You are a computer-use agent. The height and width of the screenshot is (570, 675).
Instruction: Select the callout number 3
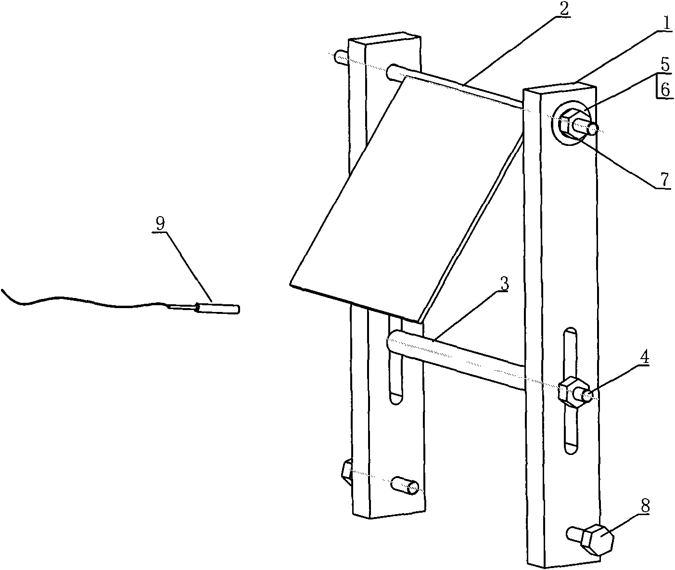504,284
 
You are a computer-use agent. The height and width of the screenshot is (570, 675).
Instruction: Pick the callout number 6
666,90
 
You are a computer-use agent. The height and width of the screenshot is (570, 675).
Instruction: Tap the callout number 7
664,180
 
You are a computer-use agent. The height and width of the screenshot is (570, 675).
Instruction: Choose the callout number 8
645,505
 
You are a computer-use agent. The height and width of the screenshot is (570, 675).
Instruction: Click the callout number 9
160,222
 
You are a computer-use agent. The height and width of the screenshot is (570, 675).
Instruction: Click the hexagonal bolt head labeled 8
597,539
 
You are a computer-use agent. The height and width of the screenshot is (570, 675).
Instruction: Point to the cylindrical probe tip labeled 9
219,308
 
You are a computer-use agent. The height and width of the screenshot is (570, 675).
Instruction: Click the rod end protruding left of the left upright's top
340,58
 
